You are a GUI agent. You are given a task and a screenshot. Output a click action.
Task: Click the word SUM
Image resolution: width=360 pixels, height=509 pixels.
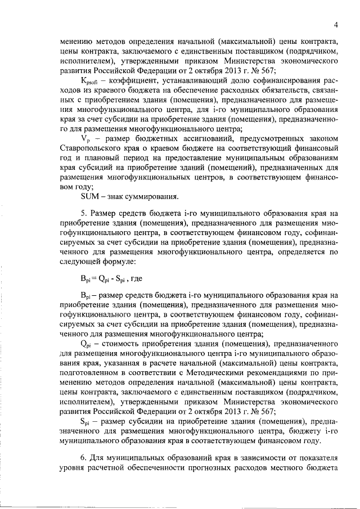[x=91, y=196]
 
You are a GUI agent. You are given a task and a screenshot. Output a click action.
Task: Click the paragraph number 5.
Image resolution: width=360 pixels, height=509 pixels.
[x=83, y=214]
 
